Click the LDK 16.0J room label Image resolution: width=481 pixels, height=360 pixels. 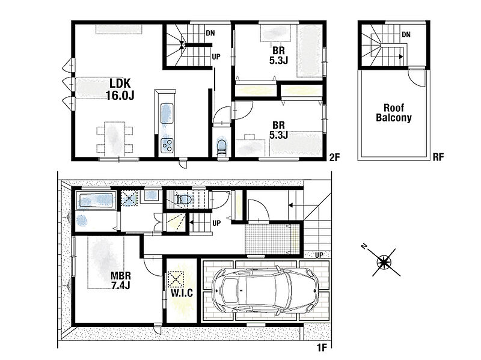[120, 89]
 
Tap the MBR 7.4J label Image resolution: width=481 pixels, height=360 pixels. [121, 280]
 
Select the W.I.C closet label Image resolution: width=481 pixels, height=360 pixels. [182, 293]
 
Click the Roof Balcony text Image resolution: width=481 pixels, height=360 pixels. [394, 112]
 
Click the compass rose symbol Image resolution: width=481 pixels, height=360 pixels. [384, 261]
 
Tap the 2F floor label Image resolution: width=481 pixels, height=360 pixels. [334, 157]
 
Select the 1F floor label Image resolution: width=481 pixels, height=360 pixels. [322, 348]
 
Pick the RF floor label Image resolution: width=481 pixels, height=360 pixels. [438, 157]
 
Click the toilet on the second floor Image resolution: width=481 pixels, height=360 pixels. [221, 146]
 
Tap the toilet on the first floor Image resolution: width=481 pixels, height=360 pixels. [183, 200]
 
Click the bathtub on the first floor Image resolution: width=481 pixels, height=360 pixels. [96, 201]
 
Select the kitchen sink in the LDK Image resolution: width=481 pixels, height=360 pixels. [167, 114]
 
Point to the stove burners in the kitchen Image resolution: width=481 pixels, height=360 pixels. [167, 145]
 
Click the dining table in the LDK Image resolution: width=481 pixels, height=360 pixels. [115, 139]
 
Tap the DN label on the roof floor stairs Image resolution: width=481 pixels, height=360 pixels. [406, 35]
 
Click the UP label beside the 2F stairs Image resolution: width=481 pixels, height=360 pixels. [216, 56]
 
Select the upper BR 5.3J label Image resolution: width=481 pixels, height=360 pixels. [278, 55]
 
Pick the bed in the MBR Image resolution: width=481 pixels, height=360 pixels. [106, 262]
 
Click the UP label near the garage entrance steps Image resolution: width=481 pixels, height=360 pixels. [319, 255]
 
